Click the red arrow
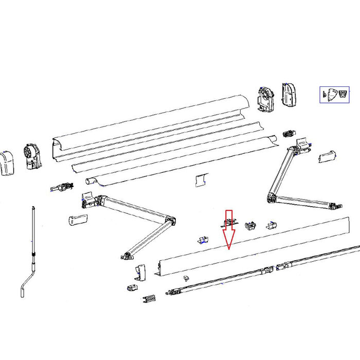tap(228, 229)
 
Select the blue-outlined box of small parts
tap(334, 95)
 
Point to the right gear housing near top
tap(266, 98)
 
